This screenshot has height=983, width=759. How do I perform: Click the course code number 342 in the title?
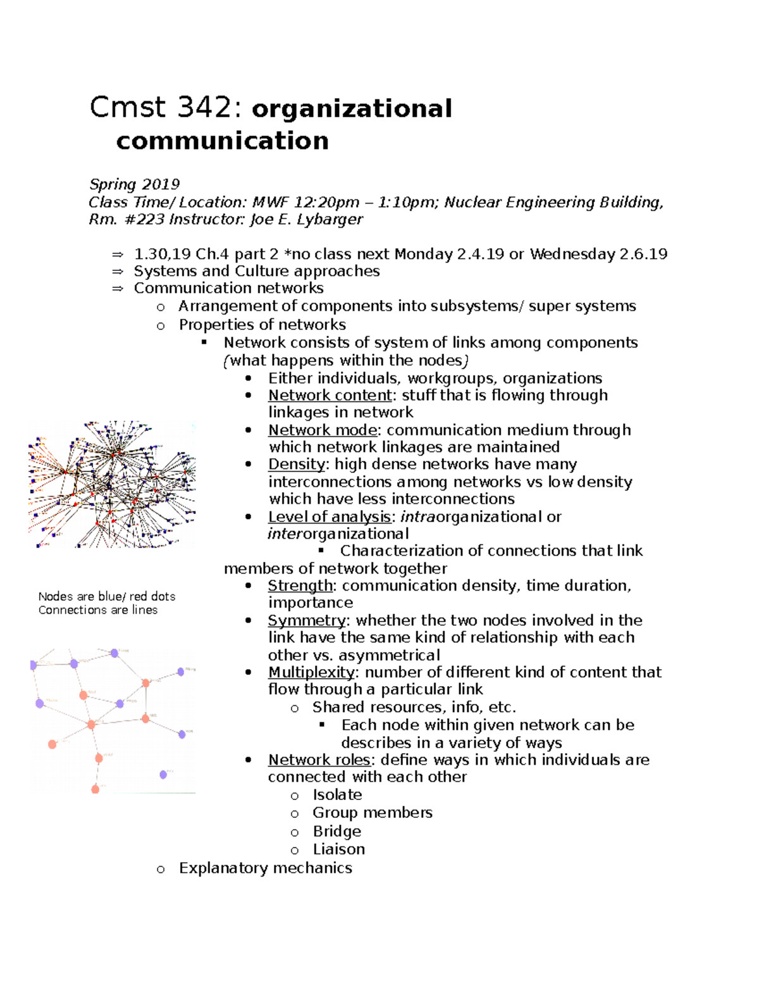click(x=204, y=108)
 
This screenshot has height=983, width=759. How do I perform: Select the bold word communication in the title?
click(x=222, y=141)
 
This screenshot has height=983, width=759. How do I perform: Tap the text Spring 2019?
click(x=134, y=184)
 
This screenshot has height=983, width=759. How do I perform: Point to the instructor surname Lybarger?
click(x=332, y=220)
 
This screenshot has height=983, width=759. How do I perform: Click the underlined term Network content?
click(x=330, y=395)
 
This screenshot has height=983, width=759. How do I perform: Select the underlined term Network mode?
click(x=323, y=430)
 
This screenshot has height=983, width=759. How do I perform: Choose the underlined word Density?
click(x=296, y=464)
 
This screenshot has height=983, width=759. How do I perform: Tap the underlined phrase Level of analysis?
click(x=329, y=517)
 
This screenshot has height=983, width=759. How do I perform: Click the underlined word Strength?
click(x=300, y=585)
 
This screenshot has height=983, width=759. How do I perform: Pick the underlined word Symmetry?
click(x=306, y=620)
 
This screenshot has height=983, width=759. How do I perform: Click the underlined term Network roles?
click(x=319, y=760)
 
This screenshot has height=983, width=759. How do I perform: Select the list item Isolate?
click(x=337, y=795)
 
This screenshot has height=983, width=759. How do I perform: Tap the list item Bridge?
click(x=336, y=831)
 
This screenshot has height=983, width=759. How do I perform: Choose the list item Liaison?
click(x=338, y=849)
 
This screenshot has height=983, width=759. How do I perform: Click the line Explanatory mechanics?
click(x=265, y=868)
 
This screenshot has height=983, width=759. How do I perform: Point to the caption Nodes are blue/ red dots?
click(x=106, y=596)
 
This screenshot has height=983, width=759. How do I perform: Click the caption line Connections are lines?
click(x=97, y=610)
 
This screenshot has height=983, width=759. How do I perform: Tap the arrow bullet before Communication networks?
click(x=117, y=289)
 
